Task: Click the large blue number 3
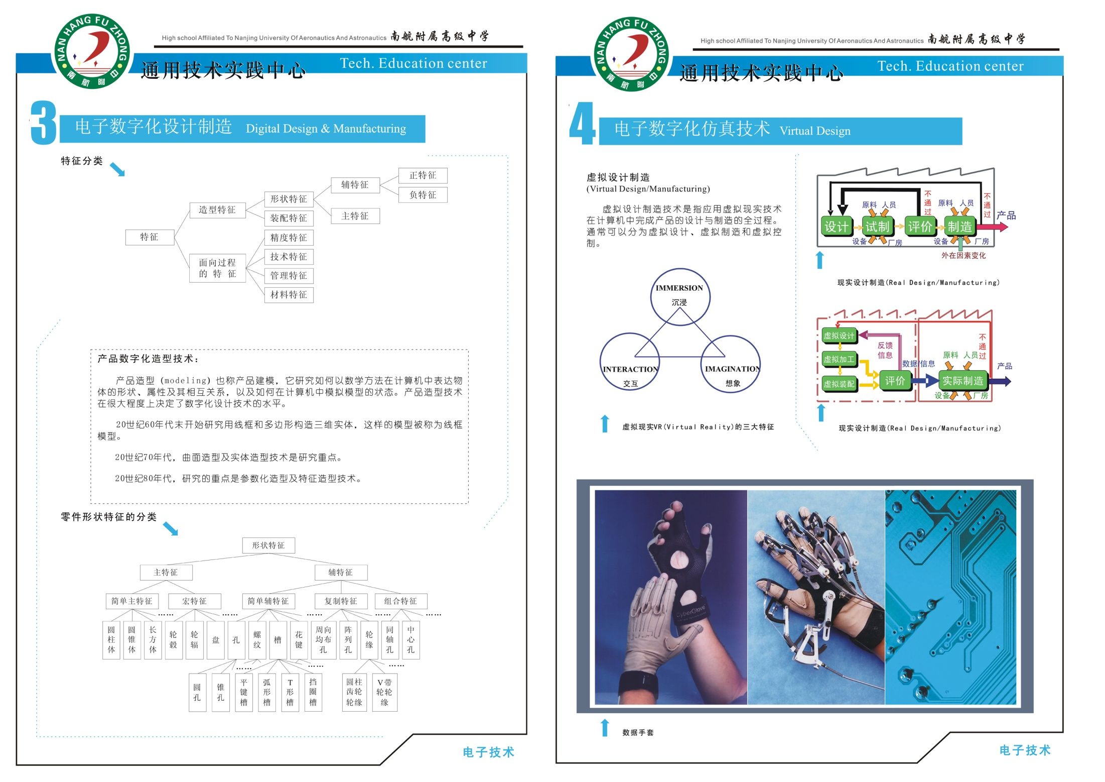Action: (x=43, y=123)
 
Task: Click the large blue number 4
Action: (x=582, y=124)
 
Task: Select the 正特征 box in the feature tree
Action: (x=423, y=175)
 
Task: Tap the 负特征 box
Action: (x=423, y=195)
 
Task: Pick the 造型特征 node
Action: (x=217, y=210)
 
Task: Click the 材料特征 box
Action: (x=289, y=295)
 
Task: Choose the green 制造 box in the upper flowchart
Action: (x=959, y=227)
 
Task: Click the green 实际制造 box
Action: (x=962, y=381)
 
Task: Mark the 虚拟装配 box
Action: (x=839, y=384)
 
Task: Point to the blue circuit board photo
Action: (x=950, y=597)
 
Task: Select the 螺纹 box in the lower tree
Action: (x=257, y=640)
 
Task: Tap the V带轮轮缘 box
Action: (x=384, y=692)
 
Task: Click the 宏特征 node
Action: (x=194, y=601)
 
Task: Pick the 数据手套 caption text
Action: (x=638, y=733)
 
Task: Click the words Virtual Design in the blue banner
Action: (x=815, y=131)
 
